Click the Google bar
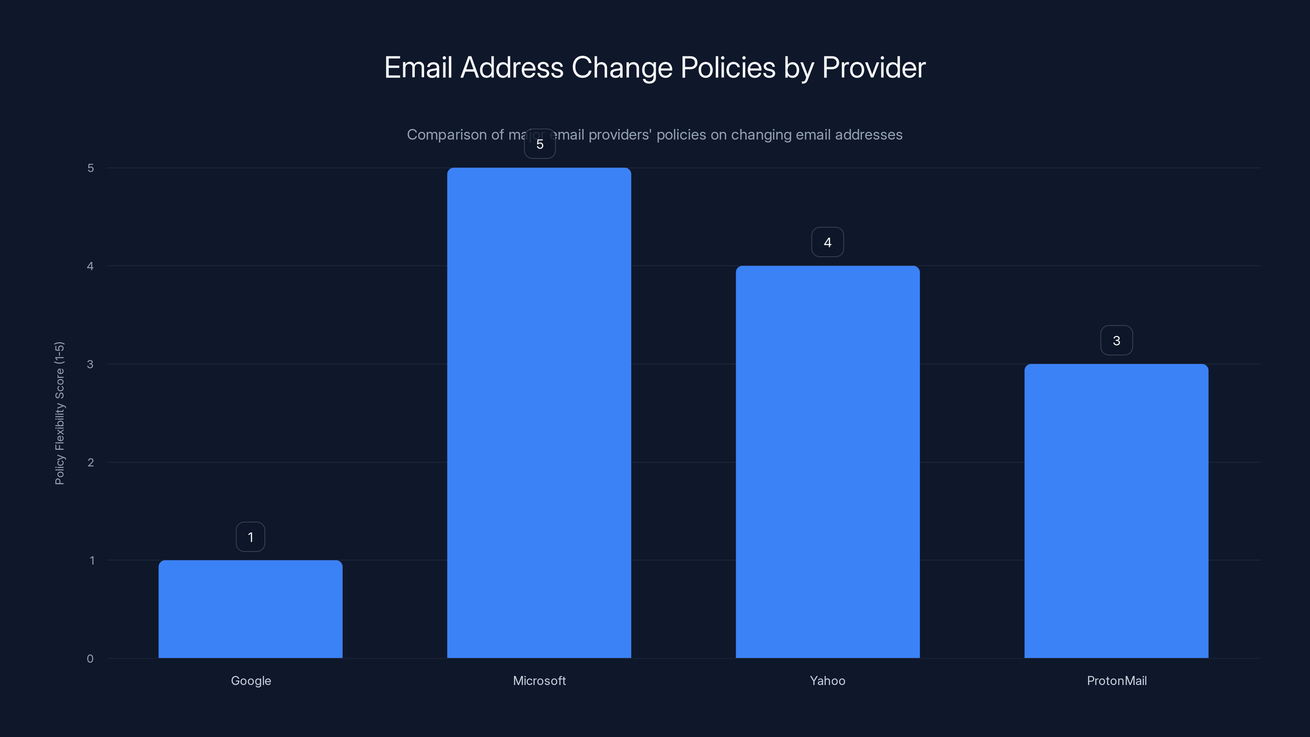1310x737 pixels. [x=250, y=609]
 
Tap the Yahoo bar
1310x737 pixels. [x=827, y=462]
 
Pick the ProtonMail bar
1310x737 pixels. [x=1116, y=511]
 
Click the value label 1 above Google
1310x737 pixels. [x=250, y=537]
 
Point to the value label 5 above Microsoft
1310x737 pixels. [x=540, y=145]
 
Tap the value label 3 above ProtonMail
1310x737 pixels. [x=1116, y=341]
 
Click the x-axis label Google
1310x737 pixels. [x=251, y=680]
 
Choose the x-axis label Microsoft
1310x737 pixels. [x=539, y=680]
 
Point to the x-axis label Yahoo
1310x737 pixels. [x=827, y=680]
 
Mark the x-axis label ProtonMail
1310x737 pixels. [x=1116, y=680]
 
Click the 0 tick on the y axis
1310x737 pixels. [x=90, y=659]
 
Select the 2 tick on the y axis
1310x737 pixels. [x=90, y=462]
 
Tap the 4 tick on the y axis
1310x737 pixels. [x=90, y=266]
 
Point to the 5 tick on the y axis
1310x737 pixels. [x=90, y=168]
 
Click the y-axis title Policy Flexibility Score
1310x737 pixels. [x=59, y=413]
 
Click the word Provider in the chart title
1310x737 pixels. [x=874, y=68]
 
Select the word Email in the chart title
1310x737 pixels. [x=418, y=68]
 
